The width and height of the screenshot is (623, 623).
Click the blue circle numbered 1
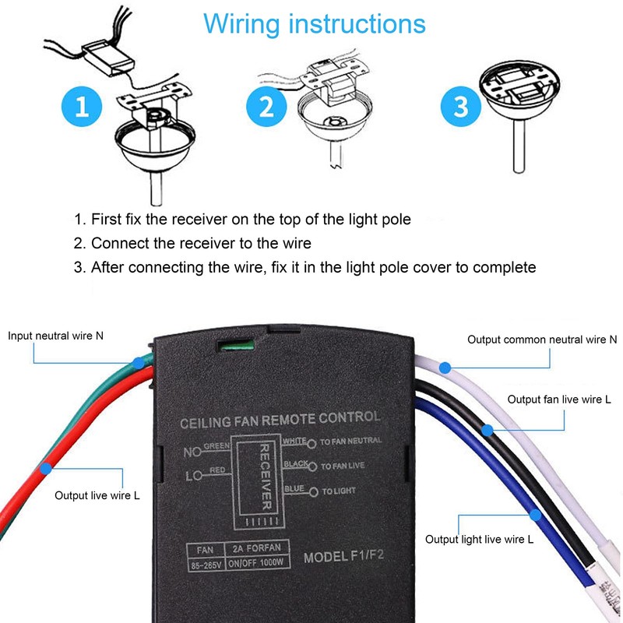[x=81, y=107]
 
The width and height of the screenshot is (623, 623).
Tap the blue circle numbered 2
[x=267, y=107]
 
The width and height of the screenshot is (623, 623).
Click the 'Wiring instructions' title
[x=315, y=23]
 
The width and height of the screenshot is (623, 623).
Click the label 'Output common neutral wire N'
[x=542, y=340]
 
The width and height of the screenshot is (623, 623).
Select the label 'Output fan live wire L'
[x=559, y=399]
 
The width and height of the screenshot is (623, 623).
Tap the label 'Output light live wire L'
[x=479, y=539]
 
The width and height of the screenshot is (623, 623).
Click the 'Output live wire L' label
[x=97, y=495]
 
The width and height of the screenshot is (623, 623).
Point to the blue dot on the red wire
[x=47, y=468]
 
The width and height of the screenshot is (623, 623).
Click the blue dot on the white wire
[x=445, y=366]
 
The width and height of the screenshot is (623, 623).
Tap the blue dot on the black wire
[x=487, y=429]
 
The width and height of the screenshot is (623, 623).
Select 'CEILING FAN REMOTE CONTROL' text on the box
[x=280, y=419]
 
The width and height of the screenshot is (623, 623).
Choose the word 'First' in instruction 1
[x=105, y=220]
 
